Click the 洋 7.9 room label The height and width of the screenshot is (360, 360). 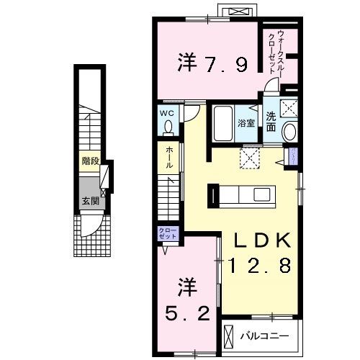click(213, 64)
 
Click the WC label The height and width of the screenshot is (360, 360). click(168, 113)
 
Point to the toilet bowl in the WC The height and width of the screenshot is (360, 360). click(168, 127)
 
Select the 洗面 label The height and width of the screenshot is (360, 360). click(270, 122)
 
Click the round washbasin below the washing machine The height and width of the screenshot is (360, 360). click(290, 132)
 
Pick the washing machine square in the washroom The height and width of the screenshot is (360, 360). click(290, 109)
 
